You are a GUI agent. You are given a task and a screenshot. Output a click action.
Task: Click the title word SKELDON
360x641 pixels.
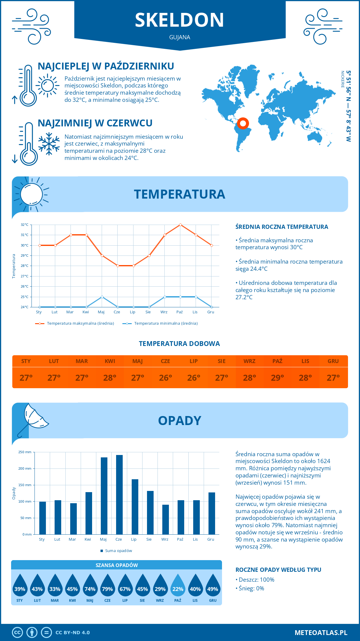coord(179,20)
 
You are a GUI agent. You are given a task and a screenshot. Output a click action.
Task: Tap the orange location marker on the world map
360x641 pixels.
coord(243,123)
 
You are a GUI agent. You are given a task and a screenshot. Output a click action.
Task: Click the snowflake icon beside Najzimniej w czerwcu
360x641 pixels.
coord(49,144)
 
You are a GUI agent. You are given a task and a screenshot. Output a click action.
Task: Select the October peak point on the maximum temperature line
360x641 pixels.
coord(180,225)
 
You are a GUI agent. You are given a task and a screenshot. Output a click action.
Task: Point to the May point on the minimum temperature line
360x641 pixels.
coord(102,297)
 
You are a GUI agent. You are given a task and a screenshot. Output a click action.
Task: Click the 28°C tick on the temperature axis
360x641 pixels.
coord(25,266)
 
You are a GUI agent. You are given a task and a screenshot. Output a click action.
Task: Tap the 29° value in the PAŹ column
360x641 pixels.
coord(277,378)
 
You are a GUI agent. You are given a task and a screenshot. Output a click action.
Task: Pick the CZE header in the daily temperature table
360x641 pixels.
coord(165,361)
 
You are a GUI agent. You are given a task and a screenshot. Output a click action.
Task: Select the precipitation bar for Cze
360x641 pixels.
coord(119,495)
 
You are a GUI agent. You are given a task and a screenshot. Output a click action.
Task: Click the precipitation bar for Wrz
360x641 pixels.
coord(165,519)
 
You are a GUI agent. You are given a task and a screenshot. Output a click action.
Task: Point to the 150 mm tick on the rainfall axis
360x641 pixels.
coord(25,485)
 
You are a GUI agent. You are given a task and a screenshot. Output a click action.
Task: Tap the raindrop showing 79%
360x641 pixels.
coord(107,586)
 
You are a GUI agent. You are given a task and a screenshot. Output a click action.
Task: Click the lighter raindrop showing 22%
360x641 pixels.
coord(178,586)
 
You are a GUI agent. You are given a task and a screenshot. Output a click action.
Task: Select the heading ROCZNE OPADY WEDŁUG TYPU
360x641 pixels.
coord(278,570)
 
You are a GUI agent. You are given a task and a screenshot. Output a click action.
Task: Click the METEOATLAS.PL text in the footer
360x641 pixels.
coord(321,633)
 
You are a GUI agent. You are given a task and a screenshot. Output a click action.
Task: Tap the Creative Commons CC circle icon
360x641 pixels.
coord(17,633)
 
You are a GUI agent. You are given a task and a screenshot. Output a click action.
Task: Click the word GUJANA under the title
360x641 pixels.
coord(179,37)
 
